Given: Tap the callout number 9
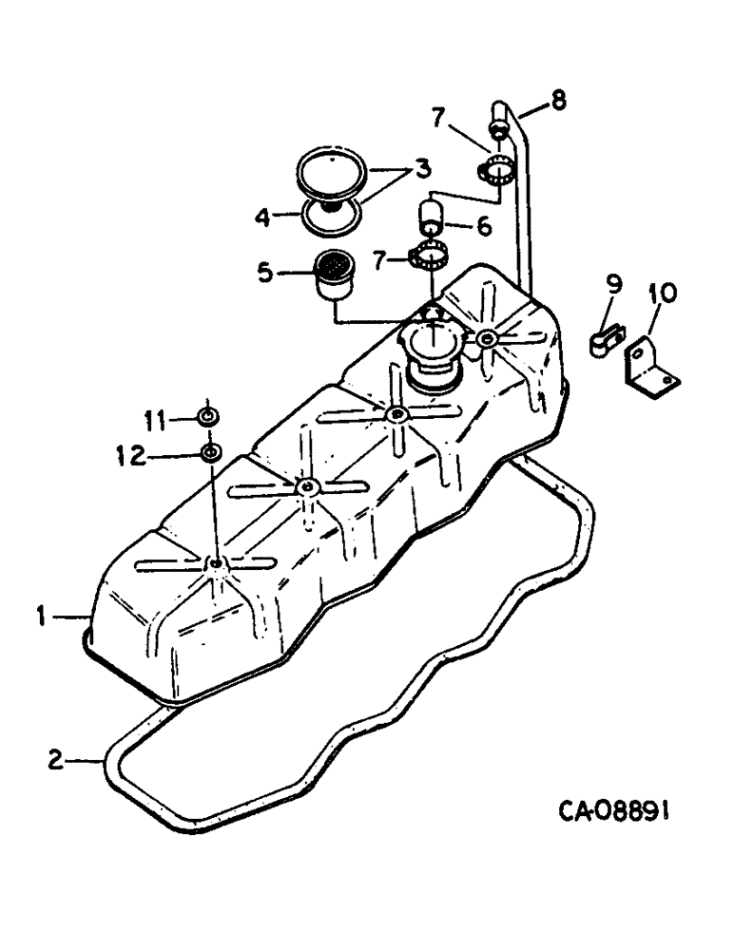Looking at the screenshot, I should tap(614, 282).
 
